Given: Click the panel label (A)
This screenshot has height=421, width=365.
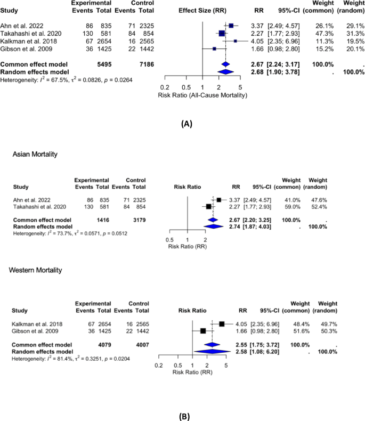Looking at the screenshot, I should pos(186,123).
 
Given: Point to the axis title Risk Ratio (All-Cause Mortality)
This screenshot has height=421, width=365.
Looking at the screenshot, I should pos(202,95).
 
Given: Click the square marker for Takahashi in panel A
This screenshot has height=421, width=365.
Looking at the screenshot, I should pos(222,34).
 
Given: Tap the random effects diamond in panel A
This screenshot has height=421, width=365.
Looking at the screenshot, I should pos(226,72).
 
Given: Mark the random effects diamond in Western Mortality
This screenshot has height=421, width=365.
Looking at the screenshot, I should pos(212,351).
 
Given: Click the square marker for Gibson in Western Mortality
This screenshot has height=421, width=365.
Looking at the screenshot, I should pos(203,331).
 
